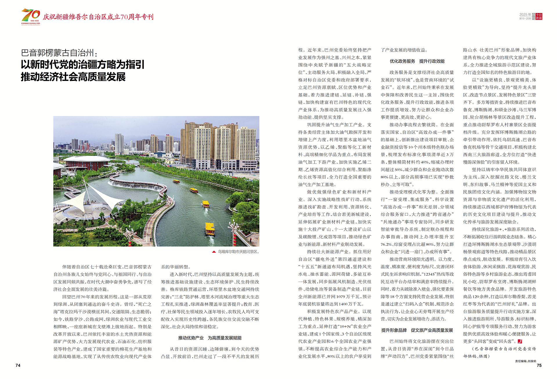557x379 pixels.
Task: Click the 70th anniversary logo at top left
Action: pyautogui.click(x=30, y=17)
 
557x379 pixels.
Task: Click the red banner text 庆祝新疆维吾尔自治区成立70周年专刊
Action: pyautogui.click(x=98, y=17)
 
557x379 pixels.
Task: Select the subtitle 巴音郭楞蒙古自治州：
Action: pyautogui.click(x=59, y=53)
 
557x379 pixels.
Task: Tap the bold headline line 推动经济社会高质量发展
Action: pyautogui.click(x=73, y=77)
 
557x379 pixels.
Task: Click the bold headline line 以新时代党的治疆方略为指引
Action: pyautogui.click(x=83, y=65)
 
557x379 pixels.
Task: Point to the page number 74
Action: pyautogui.click(x=18, y=365)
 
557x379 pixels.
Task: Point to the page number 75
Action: pyautogui.click(x=539, y=365)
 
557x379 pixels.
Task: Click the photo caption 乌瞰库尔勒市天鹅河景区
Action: pyautogui.click(x=238, y=252)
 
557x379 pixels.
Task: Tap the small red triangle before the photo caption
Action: pyautogui.click(x=214, y=252)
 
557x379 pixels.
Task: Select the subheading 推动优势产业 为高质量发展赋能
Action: pyautogui.click(x=210, y=338)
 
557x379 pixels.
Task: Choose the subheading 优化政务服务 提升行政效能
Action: pyautogui.click(x=417, y=61)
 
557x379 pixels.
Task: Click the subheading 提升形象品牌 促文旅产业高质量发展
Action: pyautogui.click(x=417, y=330)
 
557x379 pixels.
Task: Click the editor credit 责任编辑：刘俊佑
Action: pyautogui.click(x=525, y=361)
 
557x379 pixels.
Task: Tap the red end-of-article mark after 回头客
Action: pyautogui.click(x=520, y=341)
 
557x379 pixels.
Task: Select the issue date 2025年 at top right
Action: pyautogui.click(x=525, y=15)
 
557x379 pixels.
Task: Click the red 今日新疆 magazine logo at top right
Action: pyautogui.click(x=539, y=17)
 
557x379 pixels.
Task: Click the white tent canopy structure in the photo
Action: pyautogui.click(x=87, y=197)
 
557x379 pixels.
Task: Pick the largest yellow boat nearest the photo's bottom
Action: pyautogui.click(x=210, y=229)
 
